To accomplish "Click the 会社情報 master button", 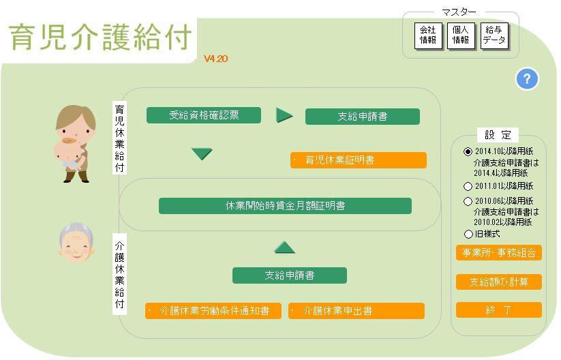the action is [x=428, y=35].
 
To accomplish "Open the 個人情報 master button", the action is [x=461, y=35].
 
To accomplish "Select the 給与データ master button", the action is [x=494, y=35].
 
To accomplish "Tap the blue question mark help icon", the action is [x=527, y=78].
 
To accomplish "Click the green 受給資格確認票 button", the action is [x=204, y=115].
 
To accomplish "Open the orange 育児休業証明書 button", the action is [x=359, y=160].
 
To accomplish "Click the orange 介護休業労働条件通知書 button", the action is [x=213, y=311].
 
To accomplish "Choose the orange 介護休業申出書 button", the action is [x=357, y=311].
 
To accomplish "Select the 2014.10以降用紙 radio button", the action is [x=468, y=152].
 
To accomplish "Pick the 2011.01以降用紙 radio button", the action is [x=468, y=186].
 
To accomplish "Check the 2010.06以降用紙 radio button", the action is [x=468, y=201].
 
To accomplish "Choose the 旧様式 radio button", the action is [x=468, y=235].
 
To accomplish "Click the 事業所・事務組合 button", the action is [x=499, y=253].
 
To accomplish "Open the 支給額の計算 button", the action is [x=499, y=282].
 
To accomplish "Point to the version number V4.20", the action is [x=215, y=59].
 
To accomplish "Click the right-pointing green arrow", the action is [x=284, y=116].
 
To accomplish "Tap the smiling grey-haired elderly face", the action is [x=76, y=242].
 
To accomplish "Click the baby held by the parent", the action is [x=68, y=155].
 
